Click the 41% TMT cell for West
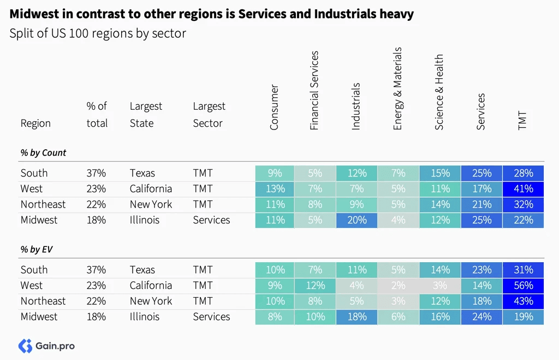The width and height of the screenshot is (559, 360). point(524,189)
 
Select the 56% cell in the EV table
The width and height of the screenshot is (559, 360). point(524,285)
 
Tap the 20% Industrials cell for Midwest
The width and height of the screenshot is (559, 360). point(356,220)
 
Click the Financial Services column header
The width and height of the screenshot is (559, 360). point(314,91)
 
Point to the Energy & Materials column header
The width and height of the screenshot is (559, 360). point(397,88)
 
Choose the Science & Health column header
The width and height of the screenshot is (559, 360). point(439,92)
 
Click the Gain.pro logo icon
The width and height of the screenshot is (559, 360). point(25,346)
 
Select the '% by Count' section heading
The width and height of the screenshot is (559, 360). point(43,153)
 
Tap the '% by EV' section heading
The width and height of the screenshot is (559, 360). point(37,250)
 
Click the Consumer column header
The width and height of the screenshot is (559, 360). point(274,107)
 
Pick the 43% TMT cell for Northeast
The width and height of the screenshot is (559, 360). point(524,301)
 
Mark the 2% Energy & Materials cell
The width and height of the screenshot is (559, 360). point(398,285)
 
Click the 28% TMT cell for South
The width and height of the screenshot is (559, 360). point(524,173)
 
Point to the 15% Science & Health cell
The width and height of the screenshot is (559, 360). point(440,173)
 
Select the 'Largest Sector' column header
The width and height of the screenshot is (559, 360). point(209,115)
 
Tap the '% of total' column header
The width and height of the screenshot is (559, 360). point(97,115)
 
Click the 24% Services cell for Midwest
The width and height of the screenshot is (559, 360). point(481,316)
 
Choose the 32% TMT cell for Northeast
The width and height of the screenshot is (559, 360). point(524,204)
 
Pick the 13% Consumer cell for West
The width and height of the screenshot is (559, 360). point(275,189)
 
